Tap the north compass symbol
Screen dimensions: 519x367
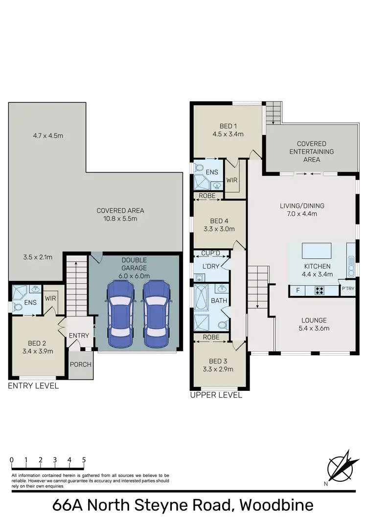pos(340,464)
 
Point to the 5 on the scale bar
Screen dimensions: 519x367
pos(84,460)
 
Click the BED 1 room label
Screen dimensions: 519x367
pos(228,126)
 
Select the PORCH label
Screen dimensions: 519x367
pos(80,364)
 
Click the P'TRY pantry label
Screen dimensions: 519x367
pos(348,289)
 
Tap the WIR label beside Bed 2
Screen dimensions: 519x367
pos(51,298)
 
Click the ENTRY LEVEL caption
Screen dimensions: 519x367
pos(33,386)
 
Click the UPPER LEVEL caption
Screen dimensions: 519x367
pos(216,395)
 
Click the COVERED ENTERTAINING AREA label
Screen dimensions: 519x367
pos(312,152)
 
